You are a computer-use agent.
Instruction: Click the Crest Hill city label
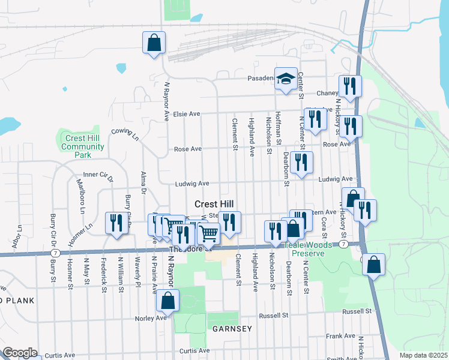click(214, 204)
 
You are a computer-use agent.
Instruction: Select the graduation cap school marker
click(286, 79)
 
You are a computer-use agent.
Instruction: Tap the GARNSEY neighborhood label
click(231, 329)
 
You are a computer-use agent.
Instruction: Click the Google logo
click(19, 353)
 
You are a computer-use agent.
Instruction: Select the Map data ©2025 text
click(423, 355)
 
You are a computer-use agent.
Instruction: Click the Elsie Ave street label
click(186, 113)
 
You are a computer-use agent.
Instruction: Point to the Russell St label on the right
click(357, 312)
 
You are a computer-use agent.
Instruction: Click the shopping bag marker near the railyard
click(154, 43)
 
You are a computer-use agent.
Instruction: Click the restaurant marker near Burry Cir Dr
click(115, 223)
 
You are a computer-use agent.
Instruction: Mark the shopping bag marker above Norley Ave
click(168, 301)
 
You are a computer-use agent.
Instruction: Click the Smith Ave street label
click(342, 359)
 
